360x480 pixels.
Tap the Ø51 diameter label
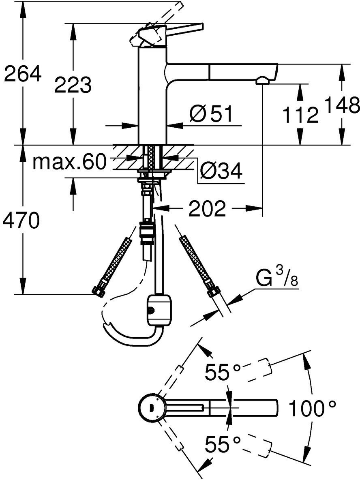coord(211,114)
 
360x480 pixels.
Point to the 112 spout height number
coord(299,115)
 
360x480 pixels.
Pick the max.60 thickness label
coord(69,162)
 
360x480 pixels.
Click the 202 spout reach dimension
coord(207,209)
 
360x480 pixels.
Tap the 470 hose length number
coord(21,221)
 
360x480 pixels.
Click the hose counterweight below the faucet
coord(159,310)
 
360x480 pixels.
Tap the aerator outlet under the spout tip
coord(262,81)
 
